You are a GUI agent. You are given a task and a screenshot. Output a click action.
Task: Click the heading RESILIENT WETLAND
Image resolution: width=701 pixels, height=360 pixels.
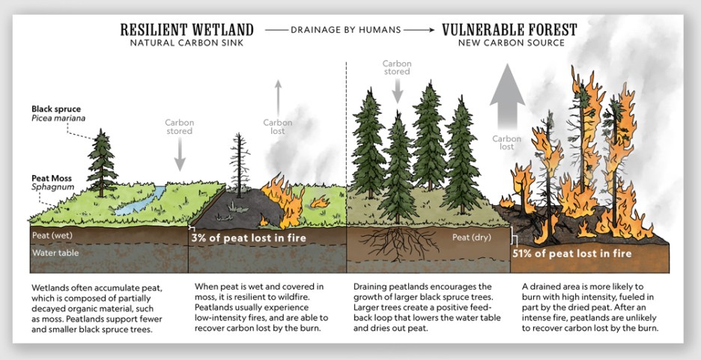186,30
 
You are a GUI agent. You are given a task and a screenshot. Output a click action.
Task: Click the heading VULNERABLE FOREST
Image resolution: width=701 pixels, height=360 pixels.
509,30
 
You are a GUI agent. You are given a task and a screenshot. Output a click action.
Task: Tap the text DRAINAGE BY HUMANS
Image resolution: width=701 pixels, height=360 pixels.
347,31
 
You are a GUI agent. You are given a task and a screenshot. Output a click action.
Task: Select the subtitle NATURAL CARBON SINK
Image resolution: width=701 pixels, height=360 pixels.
186,43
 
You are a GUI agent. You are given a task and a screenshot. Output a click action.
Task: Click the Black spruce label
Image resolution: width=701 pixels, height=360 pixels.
55,109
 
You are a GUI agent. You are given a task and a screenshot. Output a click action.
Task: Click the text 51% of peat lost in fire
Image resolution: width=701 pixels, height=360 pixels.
571,253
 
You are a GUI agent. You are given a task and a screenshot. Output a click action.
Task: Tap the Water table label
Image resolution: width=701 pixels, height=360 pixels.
55,253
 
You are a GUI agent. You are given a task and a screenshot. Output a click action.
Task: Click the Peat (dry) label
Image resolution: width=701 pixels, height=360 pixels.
470,237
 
